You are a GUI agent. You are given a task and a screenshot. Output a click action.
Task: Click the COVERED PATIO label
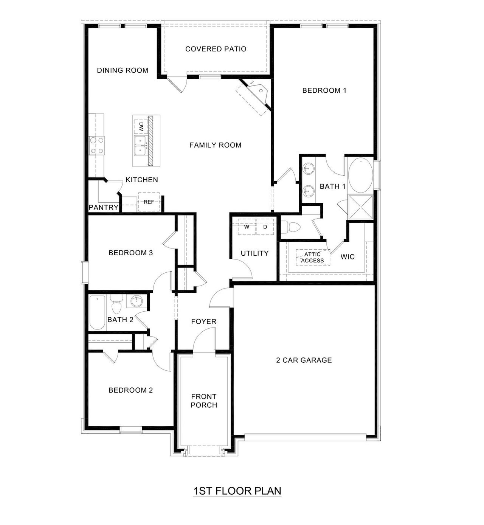point(216,49)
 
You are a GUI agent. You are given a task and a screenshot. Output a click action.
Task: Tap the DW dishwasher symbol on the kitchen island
point(141,126)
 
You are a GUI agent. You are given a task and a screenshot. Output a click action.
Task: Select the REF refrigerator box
point(149,202)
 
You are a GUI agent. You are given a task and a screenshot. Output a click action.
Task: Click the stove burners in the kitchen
point(96,145)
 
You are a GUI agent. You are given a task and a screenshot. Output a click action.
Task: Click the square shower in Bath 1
point(360,207)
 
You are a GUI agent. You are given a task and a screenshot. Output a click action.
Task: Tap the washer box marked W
point(247,227)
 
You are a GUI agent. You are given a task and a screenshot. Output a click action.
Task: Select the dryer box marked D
point(265,227)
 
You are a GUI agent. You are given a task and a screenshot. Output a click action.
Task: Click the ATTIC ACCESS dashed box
point(313,258)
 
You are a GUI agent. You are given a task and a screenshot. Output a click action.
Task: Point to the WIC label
point(347,257)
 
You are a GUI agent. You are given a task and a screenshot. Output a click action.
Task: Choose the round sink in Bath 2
point(136,301)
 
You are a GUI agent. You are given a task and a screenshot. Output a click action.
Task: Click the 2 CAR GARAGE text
point(304,360)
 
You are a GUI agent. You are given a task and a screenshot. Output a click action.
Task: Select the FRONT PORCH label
point(204,401)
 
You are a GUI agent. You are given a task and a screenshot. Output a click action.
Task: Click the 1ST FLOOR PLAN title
point(237,491)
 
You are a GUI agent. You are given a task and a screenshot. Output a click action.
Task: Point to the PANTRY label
point(104,207)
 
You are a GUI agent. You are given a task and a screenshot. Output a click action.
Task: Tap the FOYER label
point(204,322)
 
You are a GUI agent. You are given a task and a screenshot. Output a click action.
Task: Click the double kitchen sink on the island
point(141,146)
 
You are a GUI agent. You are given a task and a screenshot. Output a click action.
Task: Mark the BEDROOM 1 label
point(324,90)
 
